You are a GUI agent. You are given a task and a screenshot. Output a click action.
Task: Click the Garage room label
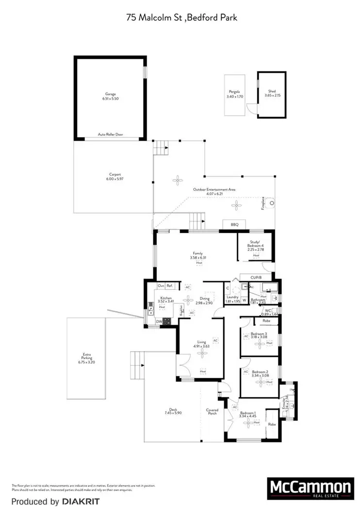click(111, 94)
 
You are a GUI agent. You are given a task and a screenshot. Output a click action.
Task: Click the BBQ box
click(234, 224)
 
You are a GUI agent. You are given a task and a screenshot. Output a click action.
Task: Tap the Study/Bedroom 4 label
click(256, 244)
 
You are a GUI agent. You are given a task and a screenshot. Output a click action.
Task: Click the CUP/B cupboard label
click(256, 278)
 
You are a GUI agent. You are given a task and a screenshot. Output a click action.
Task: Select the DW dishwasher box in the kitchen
click(159, 321)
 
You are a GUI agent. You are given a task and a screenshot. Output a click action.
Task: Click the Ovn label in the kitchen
click(161, 286)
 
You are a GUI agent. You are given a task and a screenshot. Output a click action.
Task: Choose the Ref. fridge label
click(170, 286)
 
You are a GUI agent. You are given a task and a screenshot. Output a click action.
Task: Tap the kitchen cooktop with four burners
click(166, 321)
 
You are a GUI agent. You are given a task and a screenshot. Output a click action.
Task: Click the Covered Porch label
click(212, 412)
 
